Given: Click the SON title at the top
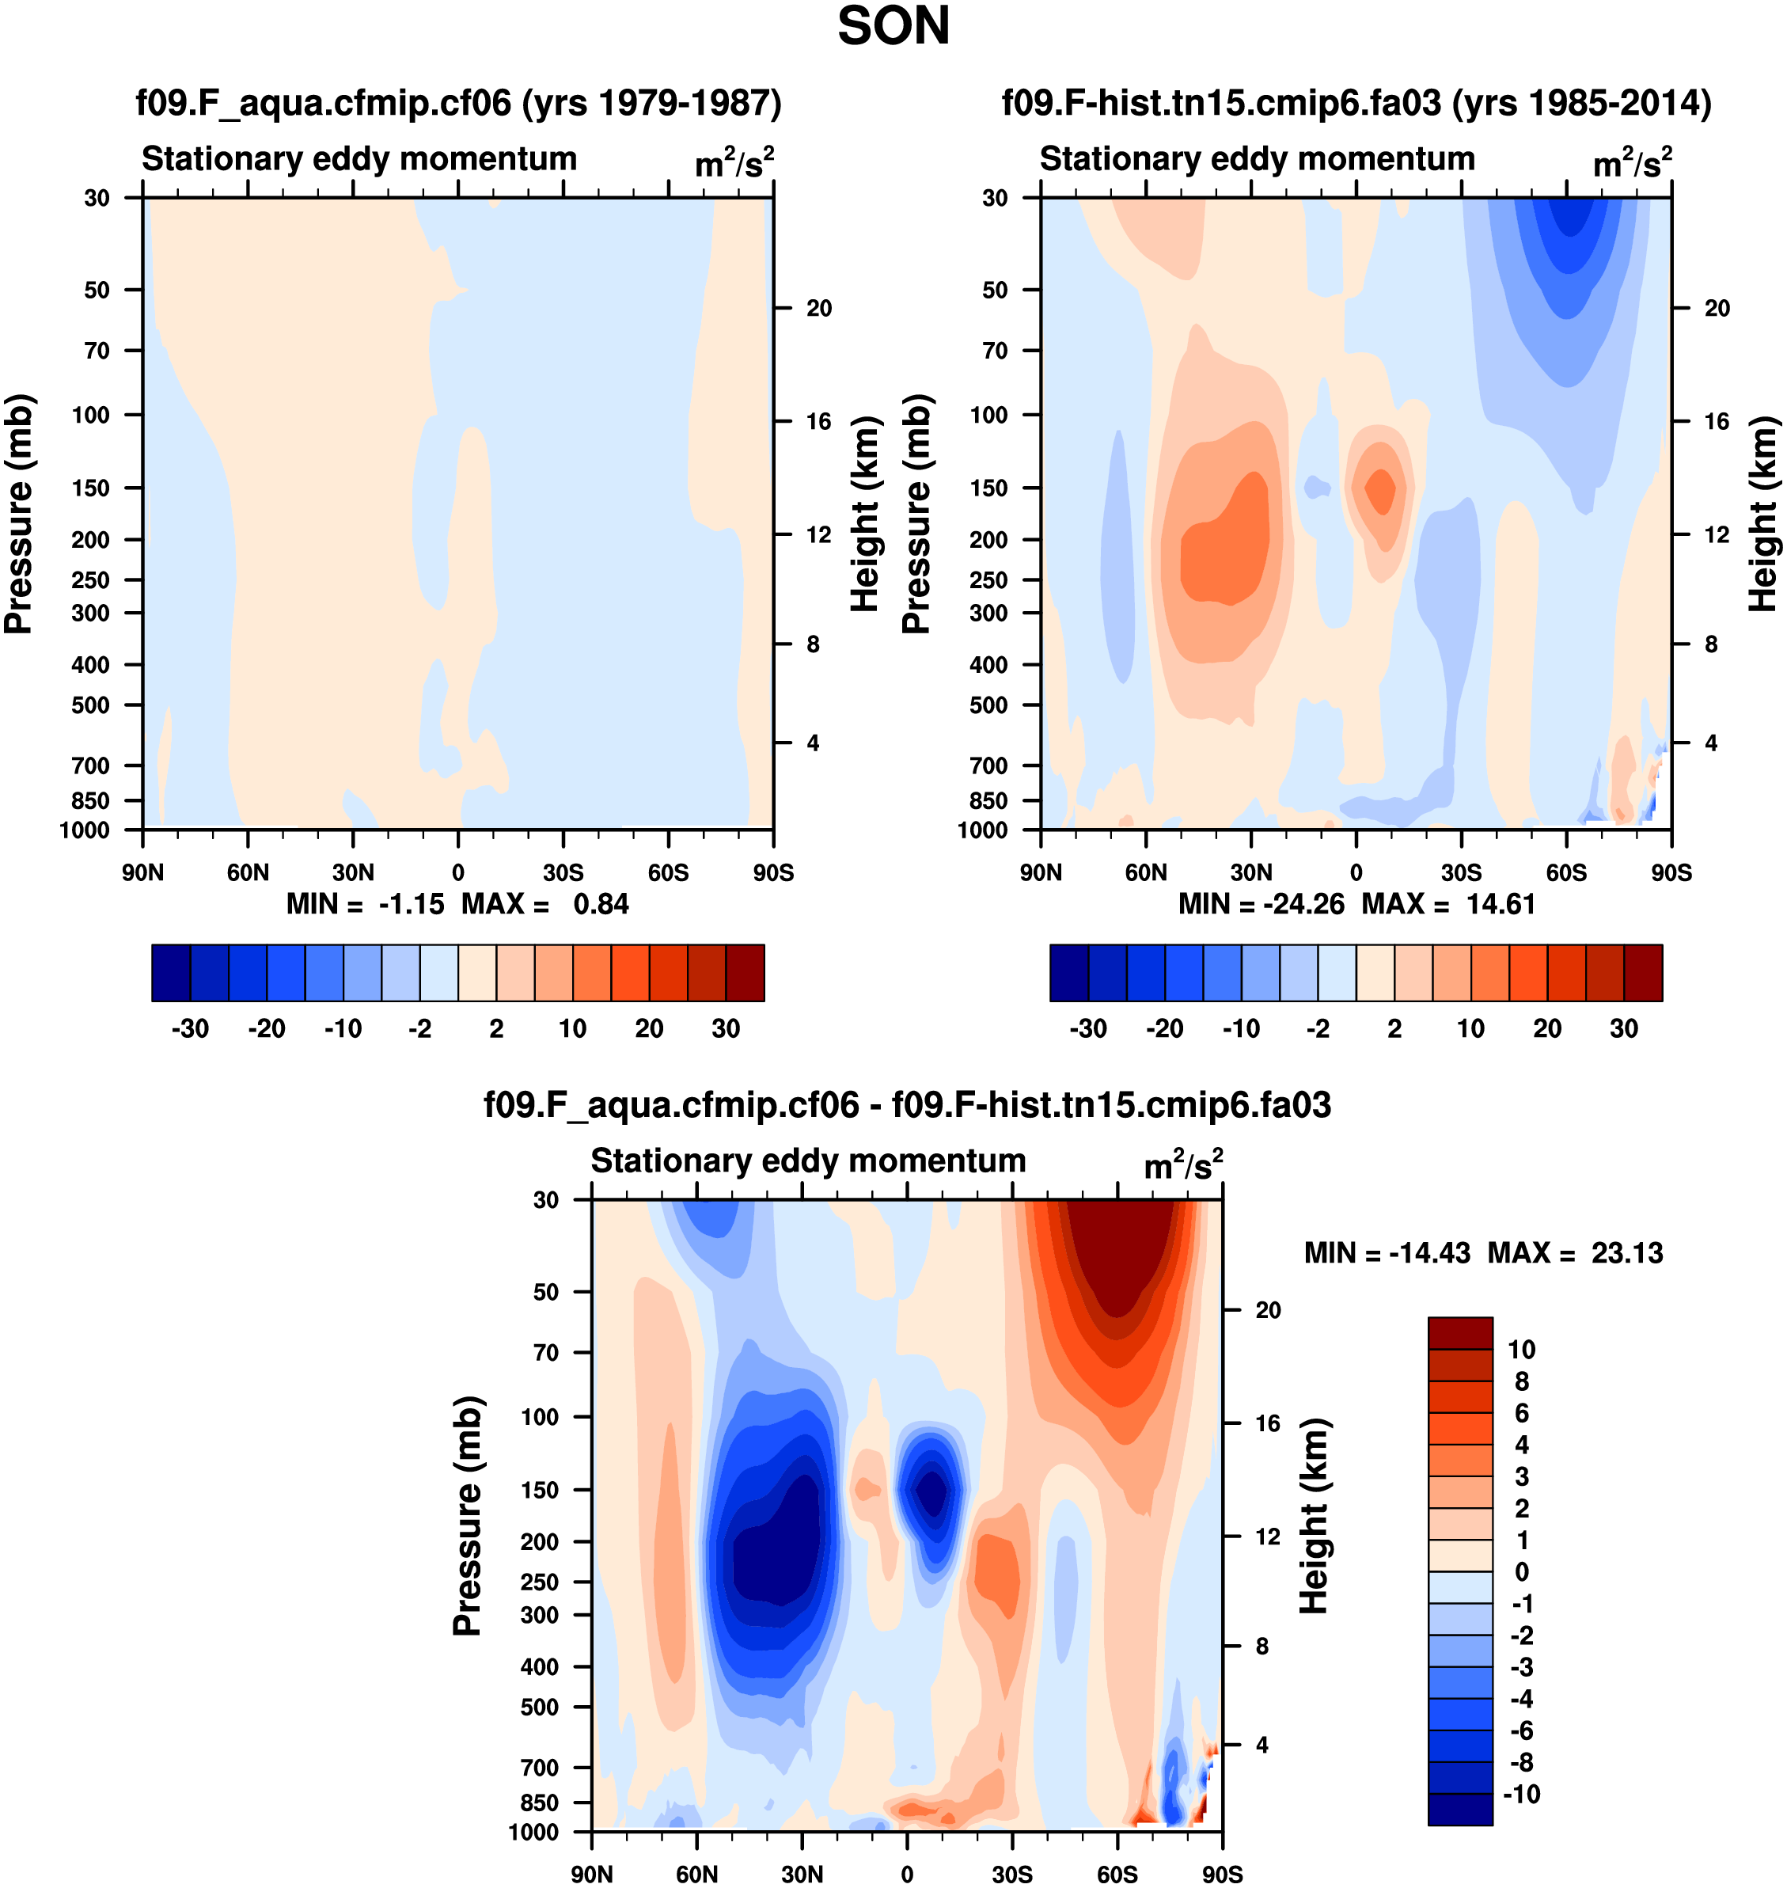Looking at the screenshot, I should (893, 27).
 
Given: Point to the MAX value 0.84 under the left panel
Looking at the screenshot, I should (601, 904).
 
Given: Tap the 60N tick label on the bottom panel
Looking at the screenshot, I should (696, 1875).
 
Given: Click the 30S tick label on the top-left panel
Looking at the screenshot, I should (563, 872).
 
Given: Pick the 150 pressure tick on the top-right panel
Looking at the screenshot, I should (988, 488).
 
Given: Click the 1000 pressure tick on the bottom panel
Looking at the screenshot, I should (533, 1832).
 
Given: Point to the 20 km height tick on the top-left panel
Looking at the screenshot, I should (818, 308).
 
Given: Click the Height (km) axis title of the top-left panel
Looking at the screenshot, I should (863, 515).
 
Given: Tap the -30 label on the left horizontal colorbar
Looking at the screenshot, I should (190, 1029).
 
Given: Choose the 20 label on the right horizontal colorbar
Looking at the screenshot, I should (1547, 1029).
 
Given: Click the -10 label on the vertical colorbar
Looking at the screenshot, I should (1521, 1795).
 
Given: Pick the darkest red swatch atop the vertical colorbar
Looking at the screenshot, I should (1459, 1332).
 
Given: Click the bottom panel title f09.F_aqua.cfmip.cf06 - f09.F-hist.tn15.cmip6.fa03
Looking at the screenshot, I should (907, 1105).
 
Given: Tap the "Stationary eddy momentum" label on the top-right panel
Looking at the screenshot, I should (1257, 159).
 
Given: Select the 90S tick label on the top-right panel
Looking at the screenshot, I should (1671, 872).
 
